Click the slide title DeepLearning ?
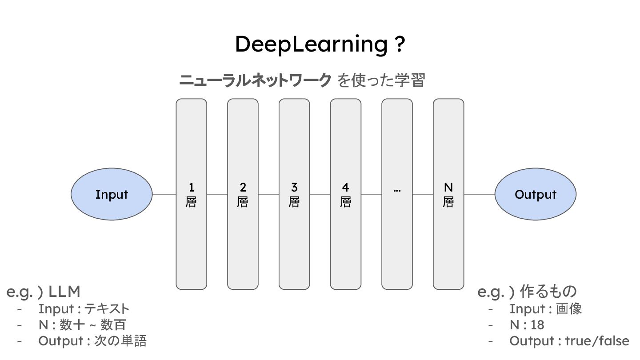(x=320, y=44)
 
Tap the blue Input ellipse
(x=112, y=194)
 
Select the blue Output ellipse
(x=535, y=194)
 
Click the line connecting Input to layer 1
(x=164, y=194)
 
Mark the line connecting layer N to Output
(x=479, y=194)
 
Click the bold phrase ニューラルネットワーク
(x=255, y=80)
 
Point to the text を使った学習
(x=381, y=80)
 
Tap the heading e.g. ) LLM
(x=44, y=292)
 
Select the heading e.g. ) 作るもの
(x=527, y=292)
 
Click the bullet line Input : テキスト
(x=84, y=308)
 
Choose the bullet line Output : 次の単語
(x=92, y=341)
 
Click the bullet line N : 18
(x=527, y=325)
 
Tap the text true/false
(x=597, y=341)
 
